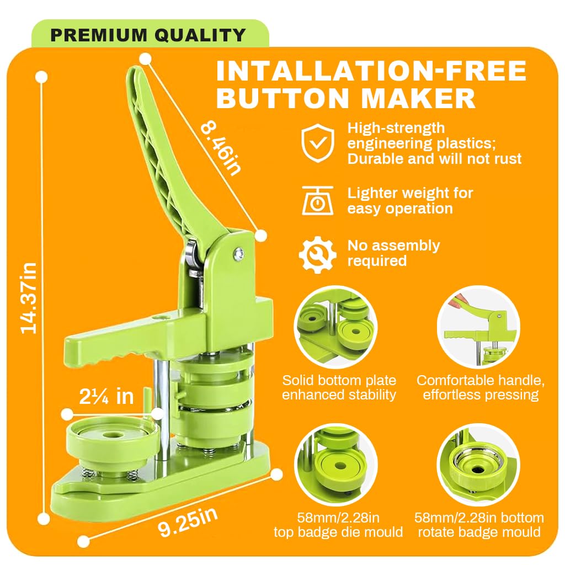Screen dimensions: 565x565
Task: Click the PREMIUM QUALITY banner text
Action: [x=148, y=35]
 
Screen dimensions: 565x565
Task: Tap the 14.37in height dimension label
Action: [x=29, y=298]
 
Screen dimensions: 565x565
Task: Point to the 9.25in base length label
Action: [x=188, y=522]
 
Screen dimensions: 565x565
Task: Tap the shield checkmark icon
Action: [x=317, y=143]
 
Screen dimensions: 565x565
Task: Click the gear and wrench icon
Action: [x=317, y=254]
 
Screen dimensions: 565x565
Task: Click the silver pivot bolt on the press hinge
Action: [x=238, y=253]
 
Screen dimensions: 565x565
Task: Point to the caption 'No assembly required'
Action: [x=393, y=253]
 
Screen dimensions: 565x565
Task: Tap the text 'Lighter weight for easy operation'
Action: [x=410, y=201]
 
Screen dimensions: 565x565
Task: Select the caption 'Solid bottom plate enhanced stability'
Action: [x=339, y=387]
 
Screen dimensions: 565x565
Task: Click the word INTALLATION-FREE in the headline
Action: [x=371, y=71]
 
